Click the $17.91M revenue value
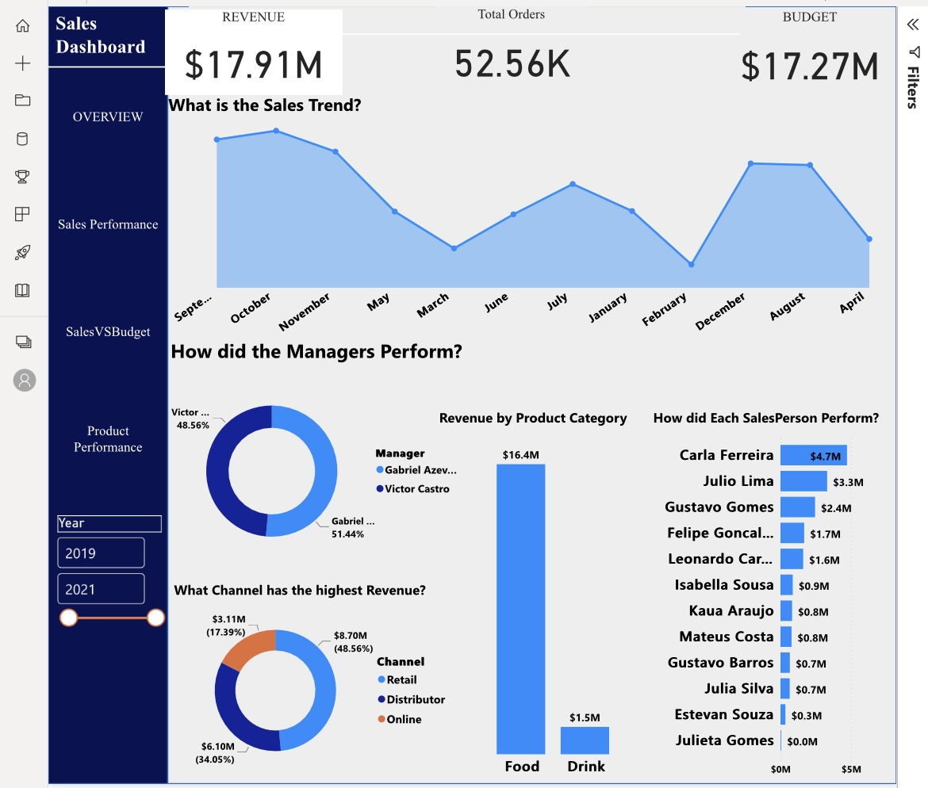254,65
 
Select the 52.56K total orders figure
512,63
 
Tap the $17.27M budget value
810,67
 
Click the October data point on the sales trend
276,131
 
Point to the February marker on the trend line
691,264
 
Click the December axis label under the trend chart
720,312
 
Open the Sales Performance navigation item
108,224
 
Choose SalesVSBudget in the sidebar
108,332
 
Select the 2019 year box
101,553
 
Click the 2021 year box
101,589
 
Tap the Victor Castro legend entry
416,489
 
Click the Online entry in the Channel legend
403,719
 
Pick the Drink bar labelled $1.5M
585,740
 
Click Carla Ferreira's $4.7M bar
813,455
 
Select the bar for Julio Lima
803,481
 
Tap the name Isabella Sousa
723,585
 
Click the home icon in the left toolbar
23,25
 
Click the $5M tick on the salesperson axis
850,769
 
